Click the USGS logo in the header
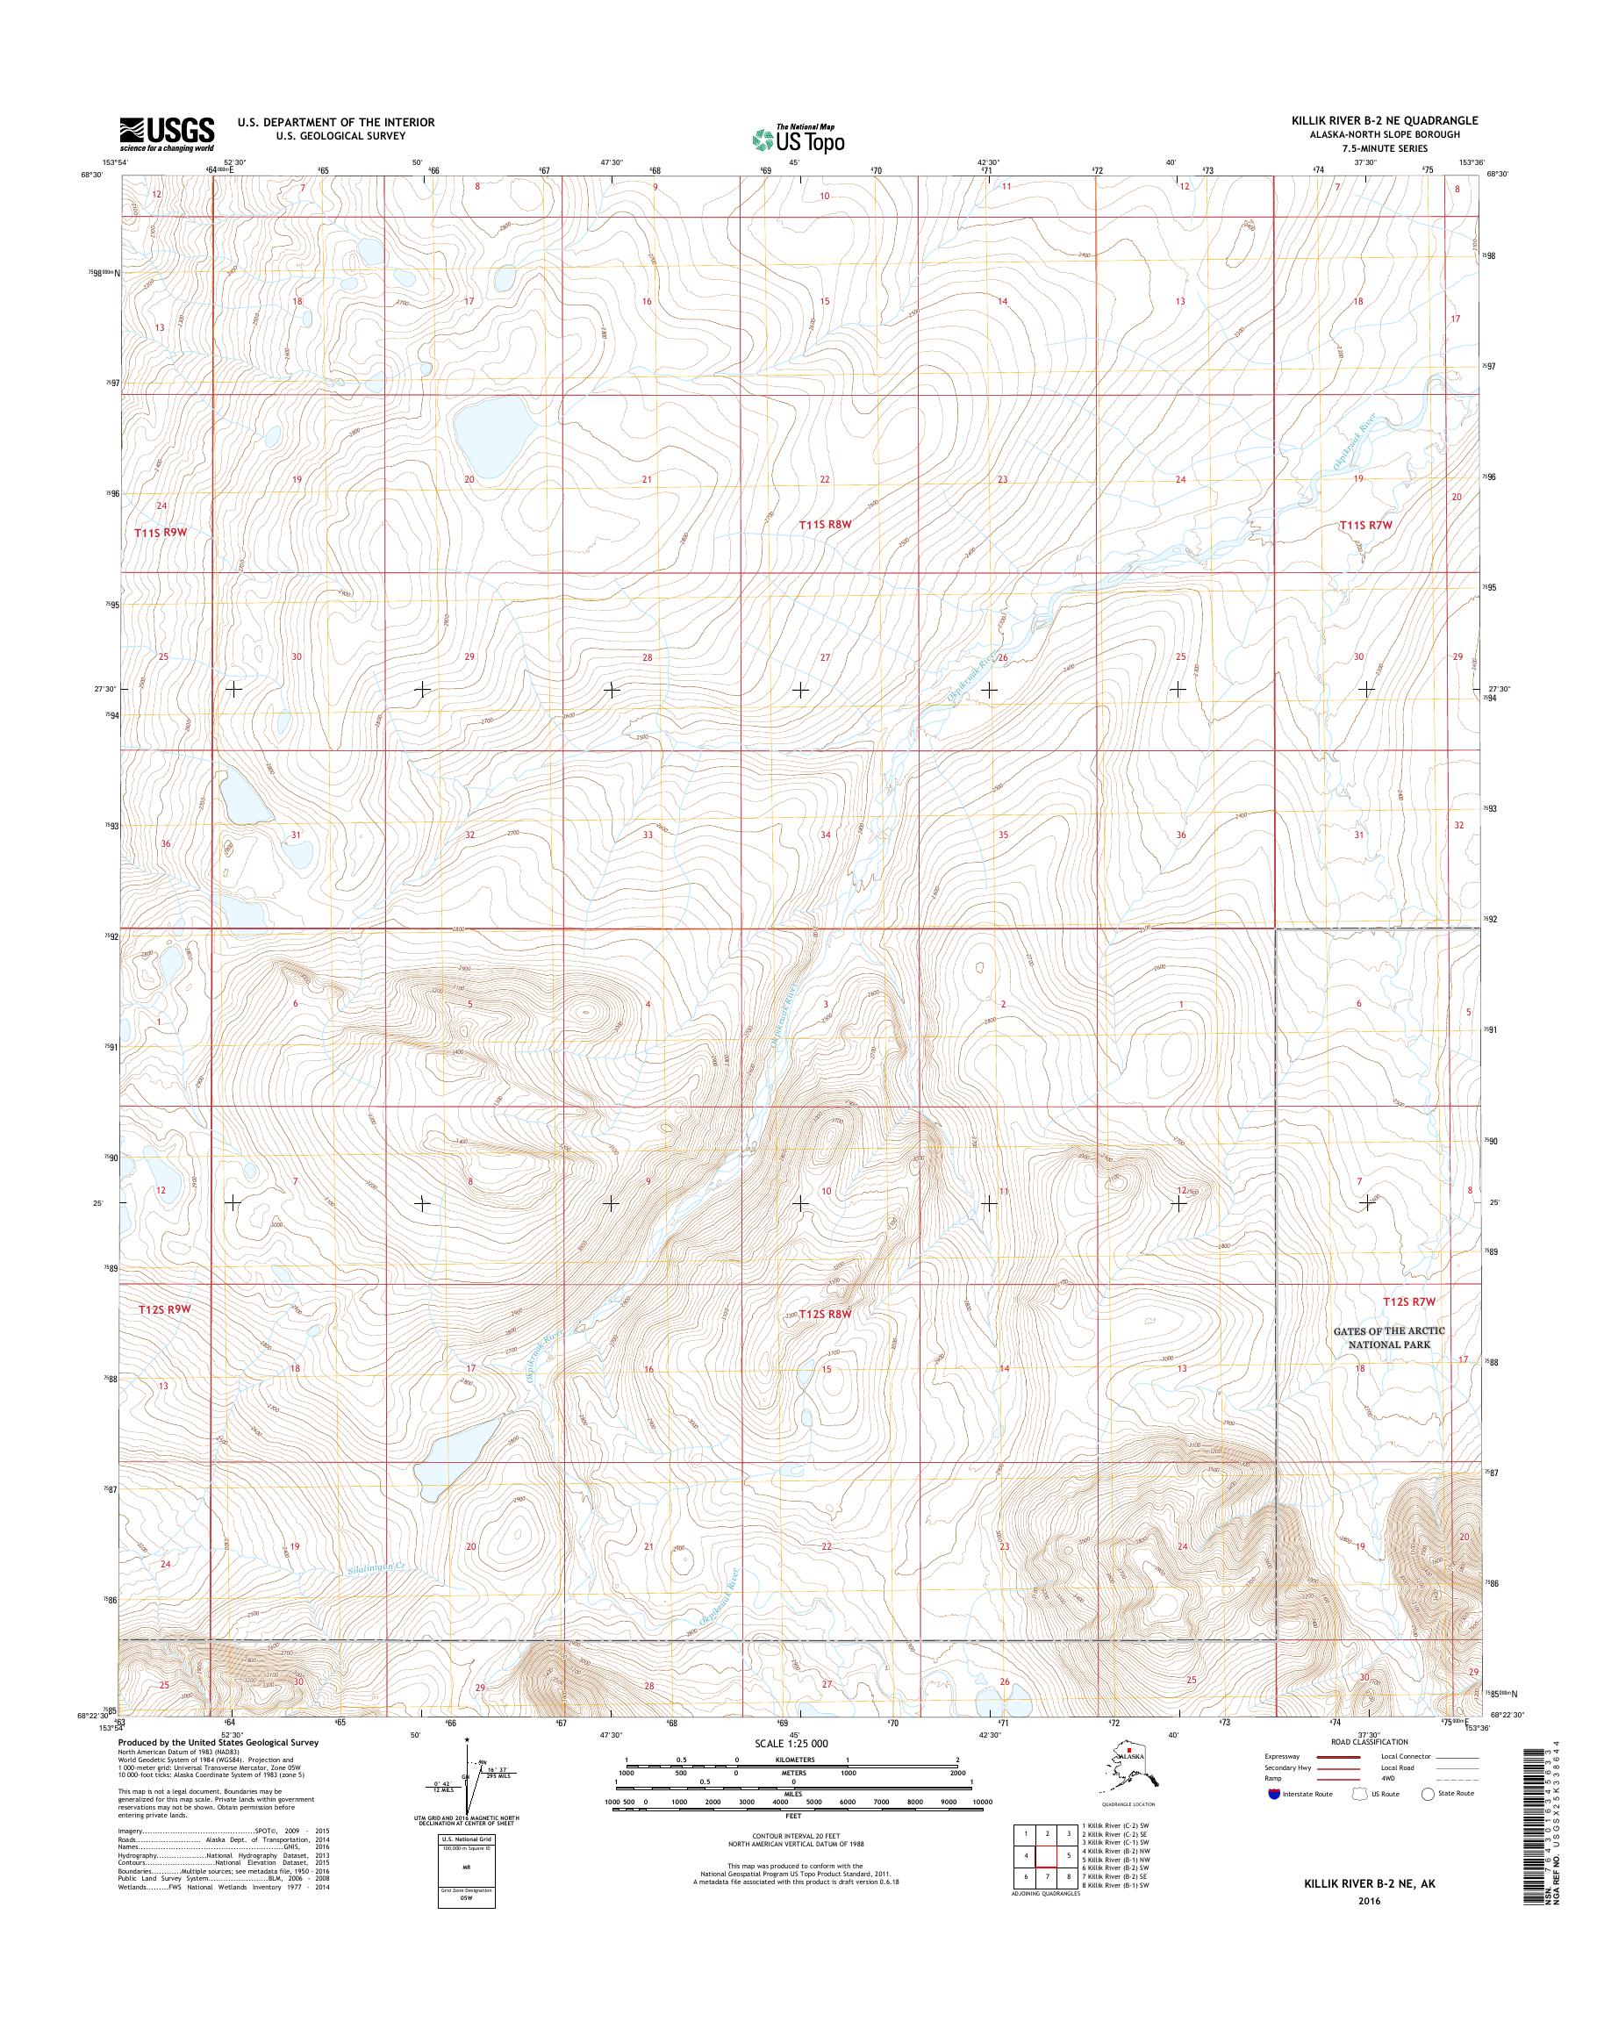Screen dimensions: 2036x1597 [167, 133]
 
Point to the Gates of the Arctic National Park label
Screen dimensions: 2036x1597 [1387, 1337]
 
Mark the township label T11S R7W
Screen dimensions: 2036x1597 [1366, 526]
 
